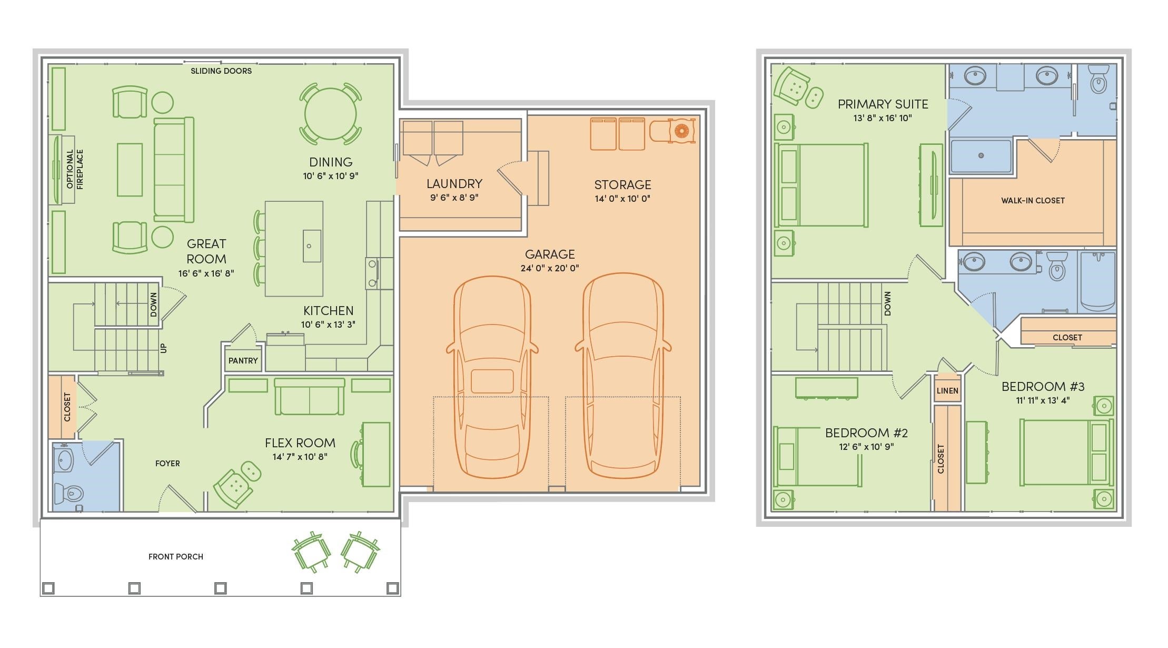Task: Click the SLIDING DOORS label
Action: [x=221, y=71]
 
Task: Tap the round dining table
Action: [x=331, y=113]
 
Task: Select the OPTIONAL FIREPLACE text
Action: [x=75, y=169]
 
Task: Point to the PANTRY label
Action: [x=243, y=361]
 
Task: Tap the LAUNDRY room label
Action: [x=454, y=184]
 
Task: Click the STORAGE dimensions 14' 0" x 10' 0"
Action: [x=622, y=199]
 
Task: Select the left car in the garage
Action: [x=492, y=377]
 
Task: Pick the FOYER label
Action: [x=167, y=464]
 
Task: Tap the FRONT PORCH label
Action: [x=176, y=557]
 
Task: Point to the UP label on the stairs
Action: [x=163, y=348]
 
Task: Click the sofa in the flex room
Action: [x=310, y=396]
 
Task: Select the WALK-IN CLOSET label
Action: [x=1033, y=201]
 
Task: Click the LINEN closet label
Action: [x=947, y=391]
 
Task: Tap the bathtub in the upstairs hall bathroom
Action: [x=1097, y=281]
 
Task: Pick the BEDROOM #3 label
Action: [x=1043, y=387]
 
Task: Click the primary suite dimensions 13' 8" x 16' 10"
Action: [x=883, y=118]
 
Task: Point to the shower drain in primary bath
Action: [x=981, y=155]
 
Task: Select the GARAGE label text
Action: [x=550, y=254]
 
